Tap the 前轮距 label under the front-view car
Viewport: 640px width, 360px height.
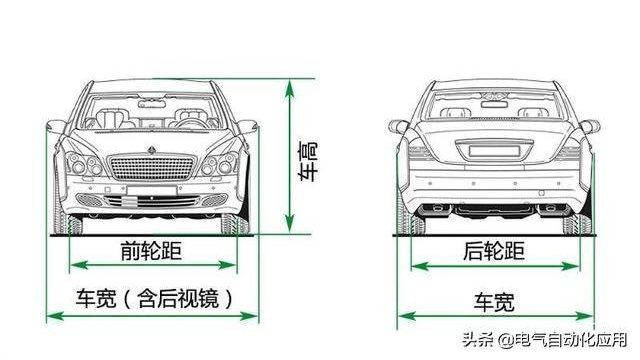pyautogui.click(x=153, y=251)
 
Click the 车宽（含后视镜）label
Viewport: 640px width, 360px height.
pyautogui.click(x=153, y=298)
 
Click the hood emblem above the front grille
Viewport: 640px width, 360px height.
pyautogui.click(x=153, y=148)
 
